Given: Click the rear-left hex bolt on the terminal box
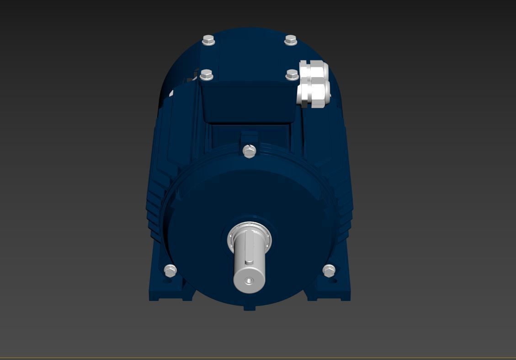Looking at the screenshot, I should [208, 40].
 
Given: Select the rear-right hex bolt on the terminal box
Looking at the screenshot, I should [291, 40].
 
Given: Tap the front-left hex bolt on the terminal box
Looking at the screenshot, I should [207, 74].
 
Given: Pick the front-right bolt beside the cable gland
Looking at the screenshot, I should [292, 74].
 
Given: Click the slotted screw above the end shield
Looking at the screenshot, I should [249, 151].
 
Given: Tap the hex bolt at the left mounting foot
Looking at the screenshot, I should [170, 270].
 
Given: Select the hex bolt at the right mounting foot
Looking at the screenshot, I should [329, 270].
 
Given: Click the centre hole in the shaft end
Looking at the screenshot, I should [249, 280].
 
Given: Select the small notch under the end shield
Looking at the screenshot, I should [249, 308].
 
